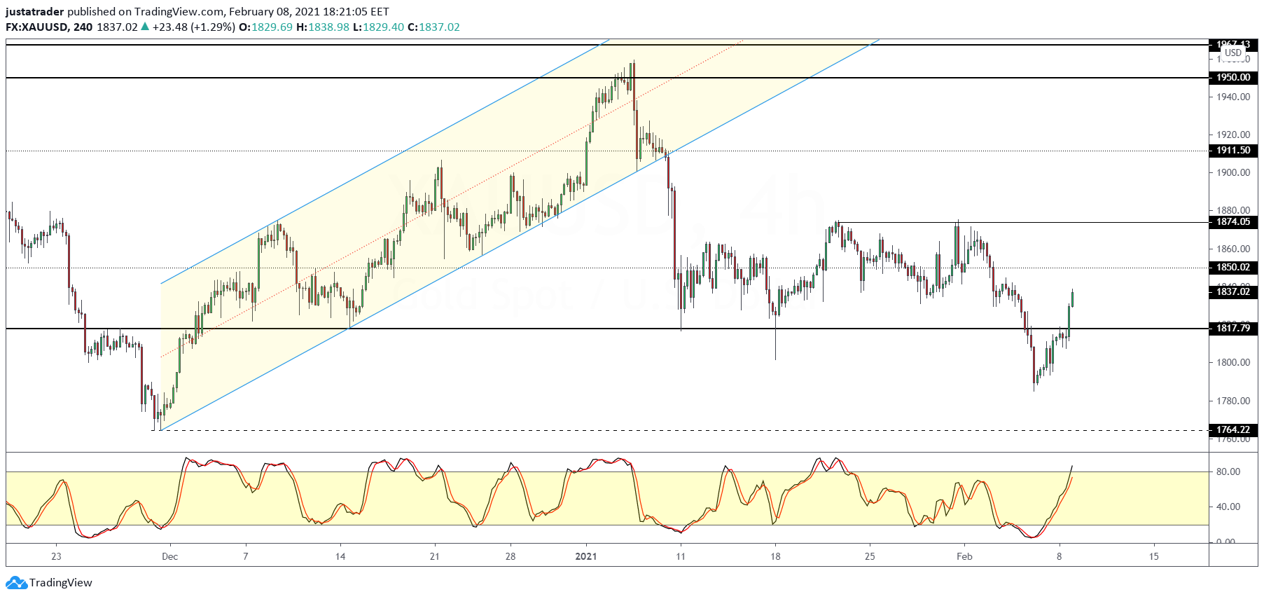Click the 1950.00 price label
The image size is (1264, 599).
(1232, 78)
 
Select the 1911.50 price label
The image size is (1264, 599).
(1232, 151)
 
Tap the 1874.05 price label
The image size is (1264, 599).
(1232, 222)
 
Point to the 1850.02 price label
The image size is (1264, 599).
(1232, 268)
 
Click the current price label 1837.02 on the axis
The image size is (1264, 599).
(1232, 292)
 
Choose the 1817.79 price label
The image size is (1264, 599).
(1232, 328)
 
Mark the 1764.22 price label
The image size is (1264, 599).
(1232, 430)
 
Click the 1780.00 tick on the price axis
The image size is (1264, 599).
(1232, 401)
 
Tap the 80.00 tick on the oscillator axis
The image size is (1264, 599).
(1228, 472)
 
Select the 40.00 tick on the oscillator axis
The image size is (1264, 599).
(1228, 507)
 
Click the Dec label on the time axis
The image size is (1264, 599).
(169, 557)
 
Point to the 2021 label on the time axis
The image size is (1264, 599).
(585, 557)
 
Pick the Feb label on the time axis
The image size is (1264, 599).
(964, 557)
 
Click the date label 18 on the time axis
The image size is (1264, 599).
(775, 557)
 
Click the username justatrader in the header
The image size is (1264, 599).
(34, 12)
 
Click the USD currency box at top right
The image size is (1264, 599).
(1232, 53)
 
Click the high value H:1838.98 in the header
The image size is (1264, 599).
(322, 27)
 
